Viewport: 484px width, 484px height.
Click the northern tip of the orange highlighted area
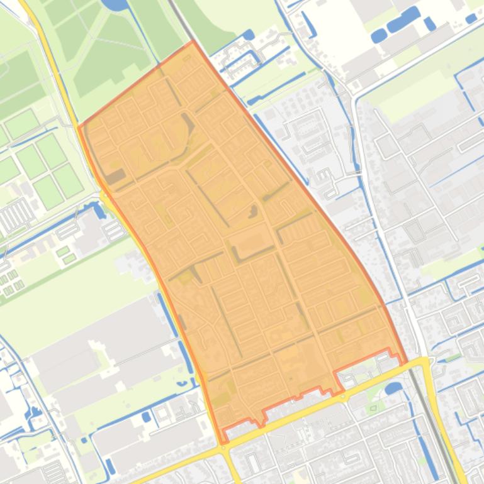pos(193,41)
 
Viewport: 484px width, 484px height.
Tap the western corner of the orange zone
pos(79,126)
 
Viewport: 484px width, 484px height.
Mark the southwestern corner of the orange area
pos(223,443)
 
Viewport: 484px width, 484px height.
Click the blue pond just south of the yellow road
pos(393,388)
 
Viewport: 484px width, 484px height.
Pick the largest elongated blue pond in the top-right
pos(403,20)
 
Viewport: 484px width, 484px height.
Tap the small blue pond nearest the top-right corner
pos(471,19)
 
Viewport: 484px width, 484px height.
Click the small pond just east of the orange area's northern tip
pos(249,35)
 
